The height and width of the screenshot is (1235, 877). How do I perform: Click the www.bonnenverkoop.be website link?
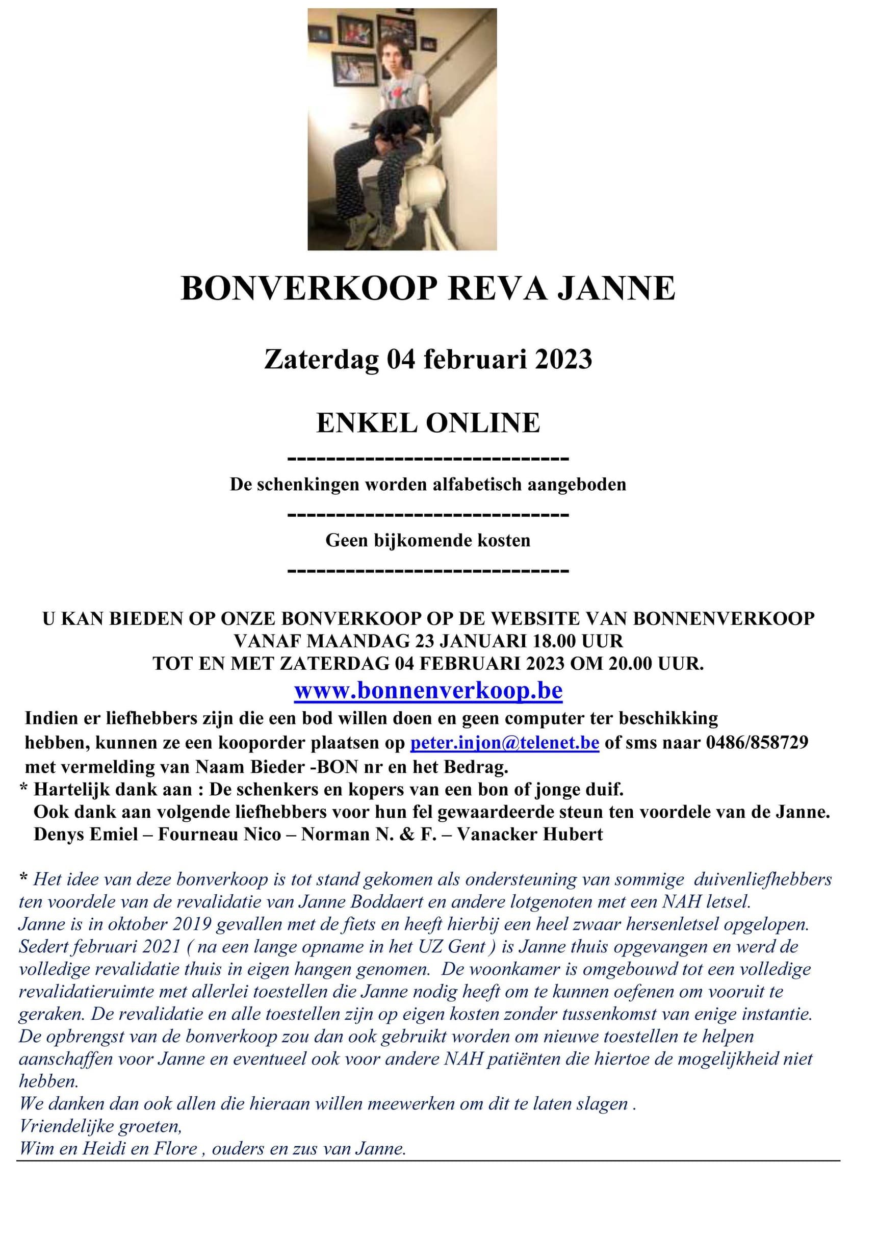click(428, 691)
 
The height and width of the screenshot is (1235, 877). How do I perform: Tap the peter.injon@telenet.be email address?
click(504, 742)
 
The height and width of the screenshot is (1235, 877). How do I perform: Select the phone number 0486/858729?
click(757, 742)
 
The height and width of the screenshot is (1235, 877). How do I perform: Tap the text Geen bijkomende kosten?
click(428, 540)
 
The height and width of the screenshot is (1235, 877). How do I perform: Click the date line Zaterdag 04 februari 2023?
click(428, 359)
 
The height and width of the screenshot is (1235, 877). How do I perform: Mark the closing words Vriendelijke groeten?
click(100, 1126)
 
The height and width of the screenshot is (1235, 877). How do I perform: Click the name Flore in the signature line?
click(175, 1149)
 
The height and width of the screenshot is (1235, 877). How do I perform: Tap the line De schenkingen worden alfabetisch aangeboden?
click(428, 484)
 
